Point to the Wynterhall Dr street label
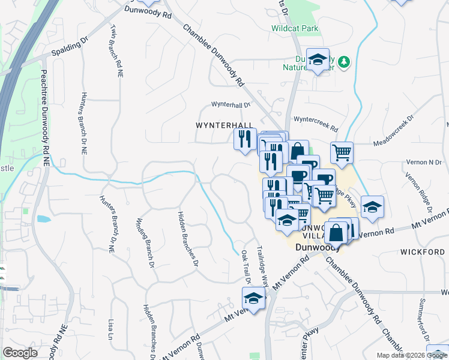(231, 104)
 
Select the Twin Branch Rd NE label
(116, 50)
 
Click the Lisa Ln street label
(110, 328)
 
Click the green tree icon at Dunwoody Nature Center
(344, 62)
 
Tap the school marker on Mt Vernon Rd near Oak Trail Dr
(254, 299)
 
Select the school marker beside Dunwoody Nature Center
(318, 59)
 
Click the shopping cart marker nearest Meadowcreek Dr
(342, 152)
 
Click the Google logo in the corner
(20, 353)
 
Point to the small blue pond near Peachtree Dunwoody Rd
(43, 219)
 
